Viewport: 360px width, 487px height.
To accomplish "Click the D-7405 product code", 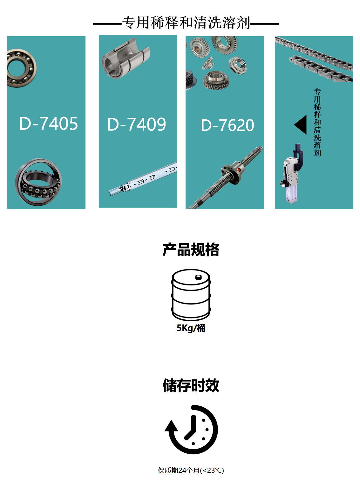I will (48, 123).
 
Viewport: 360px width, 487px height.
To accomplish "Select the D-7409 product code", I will (136, 124).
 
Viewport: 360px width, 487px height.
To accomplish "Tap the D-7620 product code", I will (228, 125).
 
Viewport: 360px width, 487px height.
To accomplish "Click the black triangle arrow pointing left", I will (301, 125).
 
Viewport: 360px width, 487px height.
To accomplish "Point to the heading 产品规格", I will (191, 250).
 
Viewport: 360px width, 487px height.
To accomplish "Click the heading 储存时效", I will (191, 385).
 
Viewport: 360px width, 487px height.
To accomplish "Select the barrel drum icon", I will (191, 295).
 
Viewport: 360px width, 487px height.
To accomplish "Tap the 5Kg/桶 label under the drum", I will (191, 328).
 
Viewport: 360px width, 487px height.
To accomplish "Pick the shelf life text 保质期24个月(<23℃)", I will (191, 470).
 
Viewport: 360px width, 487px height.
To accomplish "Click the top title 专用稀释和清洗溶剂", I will (186, 23).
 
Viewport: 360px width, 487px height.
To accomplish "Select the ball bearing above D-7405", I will (21, 68).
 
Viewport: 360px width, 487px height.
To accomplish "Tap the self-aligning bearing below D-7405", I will (38, 182).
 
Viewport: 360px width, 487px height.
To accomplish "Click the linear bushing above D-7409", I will (126, 59).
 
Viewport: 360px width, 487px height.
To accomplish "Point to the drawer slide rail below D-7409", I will (143, 180).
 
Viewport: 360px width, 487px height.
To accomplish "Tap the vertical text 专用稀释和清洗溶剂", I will (317, 123).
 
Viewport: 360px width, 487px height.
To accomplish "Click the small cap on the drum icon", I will (199, 277).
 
